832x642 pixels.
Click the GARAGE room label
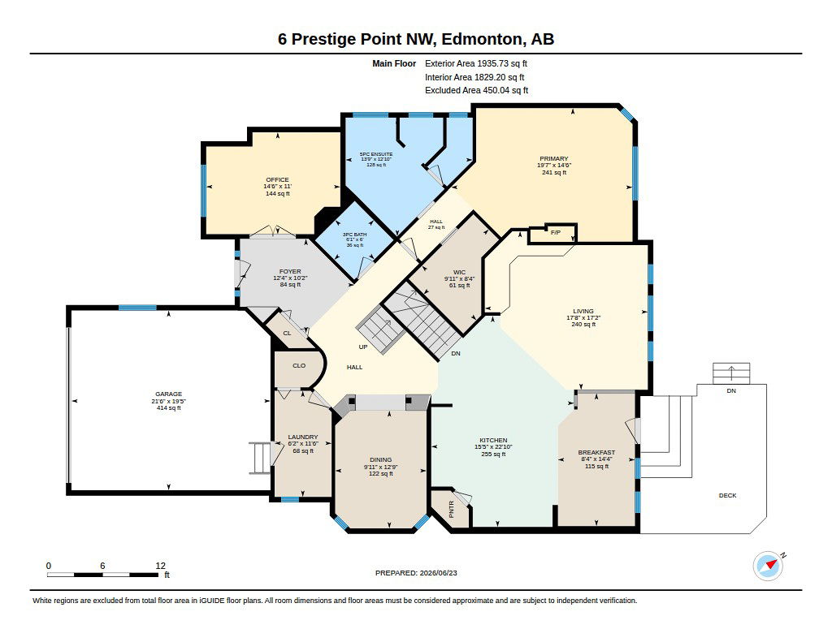pos(169,394)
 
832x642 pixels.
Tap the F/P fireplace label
pos(556,233)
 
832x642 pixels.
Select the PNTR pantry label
pos(452,510)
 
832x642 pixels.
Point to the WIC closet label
pos(460,273)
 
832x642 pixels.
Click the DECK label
pos(727,495)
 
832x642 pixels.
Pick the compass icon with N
pos(769,566)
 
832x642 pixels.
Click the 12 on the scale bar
pos(161,566)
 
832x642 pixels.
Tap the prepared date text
pos(416,572)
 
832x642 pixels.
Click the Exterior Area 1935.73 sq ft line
pos(476,63)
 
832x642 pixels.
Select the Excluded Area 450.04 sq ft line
pos(476,90)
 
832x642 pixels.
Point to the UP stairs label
pos(363,347)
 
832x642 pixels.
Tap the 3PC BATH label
pos(354,235)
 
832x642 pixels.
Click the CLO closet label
pos(299,365)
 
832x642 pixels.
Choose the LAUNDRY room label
pos(303,437)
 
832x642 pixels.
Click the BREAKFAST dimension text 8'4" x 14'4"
pos(596,459)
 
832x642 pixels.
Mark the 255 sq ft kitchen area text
pos(493,454)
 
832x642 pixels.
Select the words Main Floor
pos(394,63)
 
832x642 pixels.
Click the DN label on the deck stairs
pos(731,390)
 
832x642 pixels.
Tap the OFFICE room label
pos(278,179)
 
